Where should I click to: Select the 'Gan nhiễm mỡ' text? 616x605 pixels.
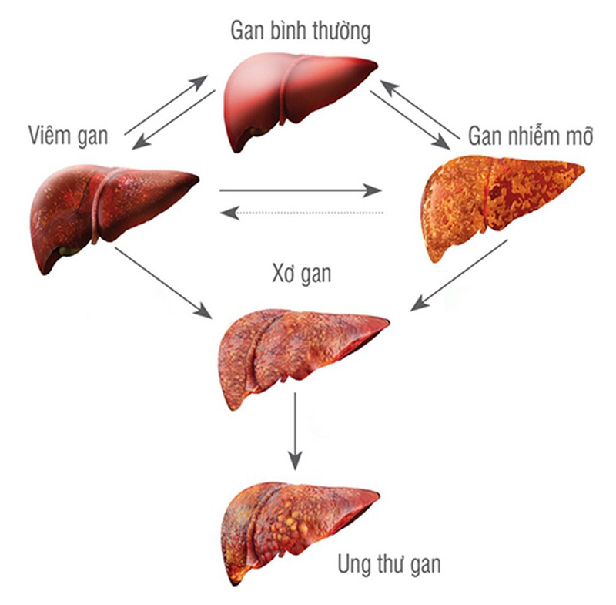(531, 137)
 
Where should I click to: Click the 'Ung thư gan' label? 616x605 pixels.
(389, 564)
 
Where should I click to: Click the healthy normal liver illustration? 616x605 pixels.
(296, 96)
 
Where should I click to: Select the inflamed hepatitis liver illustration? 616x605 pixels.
(108, 212)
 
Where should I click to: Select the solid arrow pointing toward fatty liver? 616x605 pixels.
(300, 190)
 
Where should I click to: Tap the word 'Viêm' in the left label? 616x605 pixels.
(45, 136)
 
